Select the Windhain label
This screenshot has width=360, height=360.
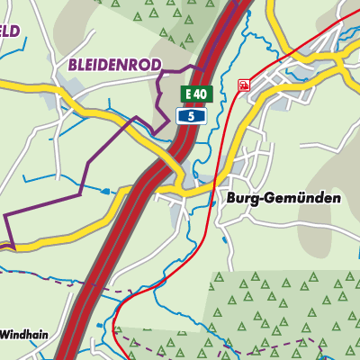point(23,334)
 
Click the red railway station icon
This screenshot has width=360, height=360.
point(243,85)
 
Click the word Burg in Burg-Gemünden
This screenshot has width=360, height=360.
point(232,198)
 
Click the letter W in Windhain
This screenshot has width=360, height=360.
point(4,334)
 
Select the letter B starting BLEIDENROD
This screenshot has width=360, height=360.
point(72,65)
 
